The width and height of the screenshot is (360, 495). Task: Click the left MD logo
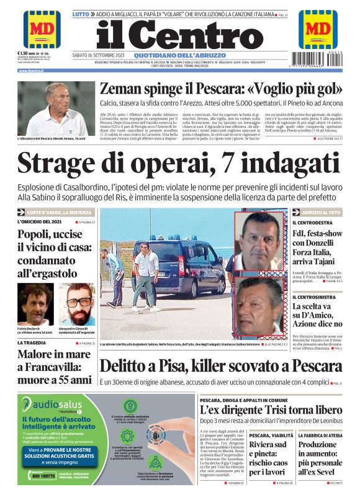42,29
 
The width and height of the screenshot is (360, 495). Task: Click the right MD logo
317,29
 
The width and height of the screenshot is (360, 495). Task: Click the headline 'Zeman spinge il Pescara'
220,89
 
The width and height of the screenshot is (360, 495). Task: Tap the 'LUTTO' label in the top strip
81,13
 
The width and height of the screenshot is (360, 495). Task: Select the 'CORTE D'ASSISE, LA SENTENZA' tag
58,212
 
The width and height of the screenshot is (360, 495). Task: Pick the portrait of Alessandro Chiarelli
77,304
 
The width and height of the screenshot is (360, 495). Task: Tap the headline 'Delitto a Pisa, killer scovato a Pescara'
220,367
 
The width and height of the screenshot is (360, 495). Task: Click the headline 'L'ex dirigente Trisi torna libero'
271,410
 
